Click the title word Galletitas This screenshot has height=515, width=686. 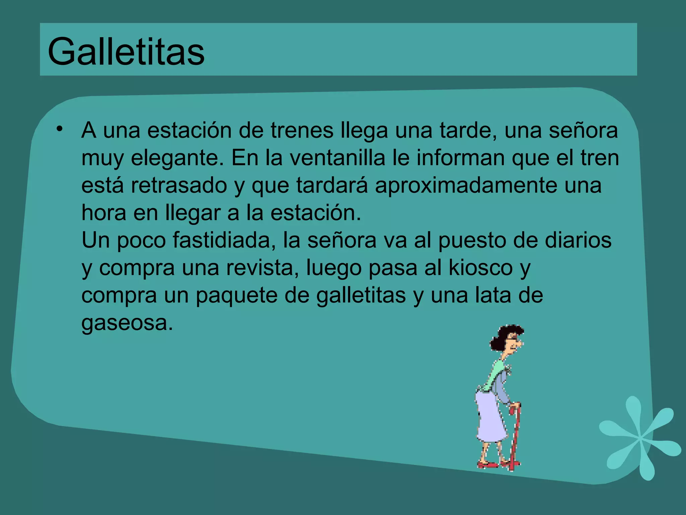coord(126,52)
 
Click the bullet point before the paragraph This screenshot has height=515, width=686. coord(60,129)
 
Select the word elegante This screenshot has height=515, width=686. coord(177,158)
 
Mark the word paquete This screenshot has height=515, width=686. coord(236,296)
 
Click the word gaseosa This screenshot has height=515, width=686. coord(127,323)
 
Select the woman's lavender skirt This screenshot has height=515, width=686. coord(490,419)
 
